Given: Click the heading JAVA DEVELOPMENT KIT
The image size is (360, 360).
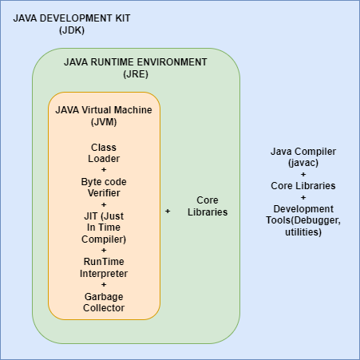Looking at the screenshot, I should pyautogui.click(x=72, y=18).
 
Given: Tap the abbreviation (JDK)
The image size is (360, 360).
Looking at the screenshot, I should pyautogui.click(x=72, y=30).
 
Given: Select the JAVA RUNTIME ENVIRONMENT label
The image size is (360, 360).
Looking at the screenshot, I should pyautogui.click(x=136, y=61).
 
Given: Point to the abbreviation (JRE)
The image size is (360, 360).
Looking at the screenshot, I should pyautogui.click(x=136, y=74).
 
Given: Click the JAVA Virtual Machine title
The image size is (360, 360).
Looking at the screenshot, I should pyautogui.click(x=104, y=109).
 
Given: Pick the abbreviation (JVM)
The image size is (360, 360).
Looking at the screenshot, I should pyautogui.click(x=104, y=122).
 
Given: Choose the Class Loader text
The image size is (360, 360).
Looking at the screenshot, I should pyautogui.click(x=104, y=153).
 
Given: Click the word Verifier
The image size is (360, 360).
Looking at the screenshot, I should pyautogui.click(x=104, y=192).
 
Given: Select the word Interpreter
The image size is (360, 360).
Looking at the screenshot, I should pyautogui.click(x=104, y=274).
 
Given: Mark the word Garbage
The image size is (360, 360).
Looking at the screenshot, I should pyautogui.click(x=104, y=296).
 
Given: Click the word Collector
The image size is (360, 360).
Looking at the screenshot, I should pyautogui.click(x=104, y=308).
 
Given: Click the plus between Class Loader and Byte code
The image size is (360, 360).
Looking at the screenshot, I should pyautogui.click(x=104, y=170).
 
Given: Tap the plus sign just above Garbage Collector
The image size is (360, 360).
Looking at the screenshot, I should pyautogui.click(x=104, y=285).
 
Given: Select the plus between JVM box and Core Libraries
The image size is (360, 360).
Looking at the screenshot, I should pyautogui.click(x=168, y=211).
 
